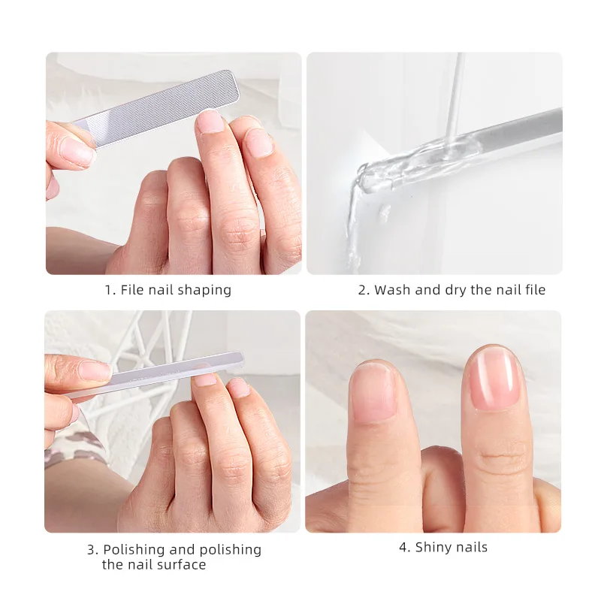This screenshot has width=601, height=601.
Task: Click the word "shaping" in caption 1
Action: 204,290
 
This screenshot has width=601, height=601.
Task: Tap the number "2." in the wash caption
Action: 364,290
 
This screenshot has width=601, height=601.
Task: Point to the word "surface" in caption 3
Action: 181,564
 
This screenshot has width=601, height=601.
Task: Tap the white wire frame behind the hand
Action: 150,338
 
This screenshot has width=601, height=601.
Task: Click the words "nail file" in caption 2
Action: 518,290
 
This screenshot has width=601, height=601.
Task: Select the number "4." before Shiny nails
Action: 404,548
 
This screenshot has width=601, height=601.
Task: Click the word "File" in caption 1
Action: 133,290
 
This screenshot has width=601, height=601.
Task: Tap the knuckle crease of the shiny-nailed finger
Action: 502,457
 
